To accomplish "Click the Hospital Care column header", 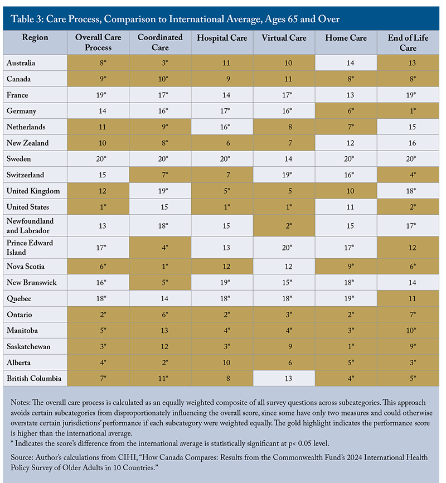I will [x=221, y=37].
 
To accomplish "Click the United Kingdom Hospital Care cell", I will [x=221, y=191].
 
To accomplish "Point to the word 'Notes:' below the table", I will [x=22, y=403].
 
